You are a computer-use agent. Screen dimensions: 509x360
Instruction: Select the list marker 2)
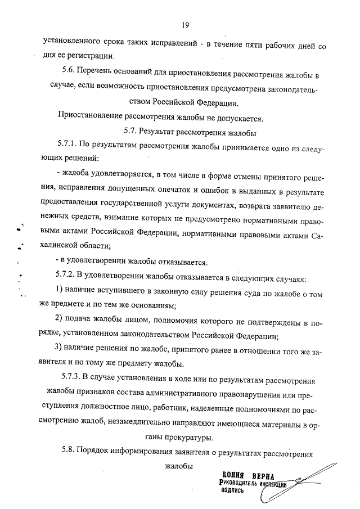coord(61,321)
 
